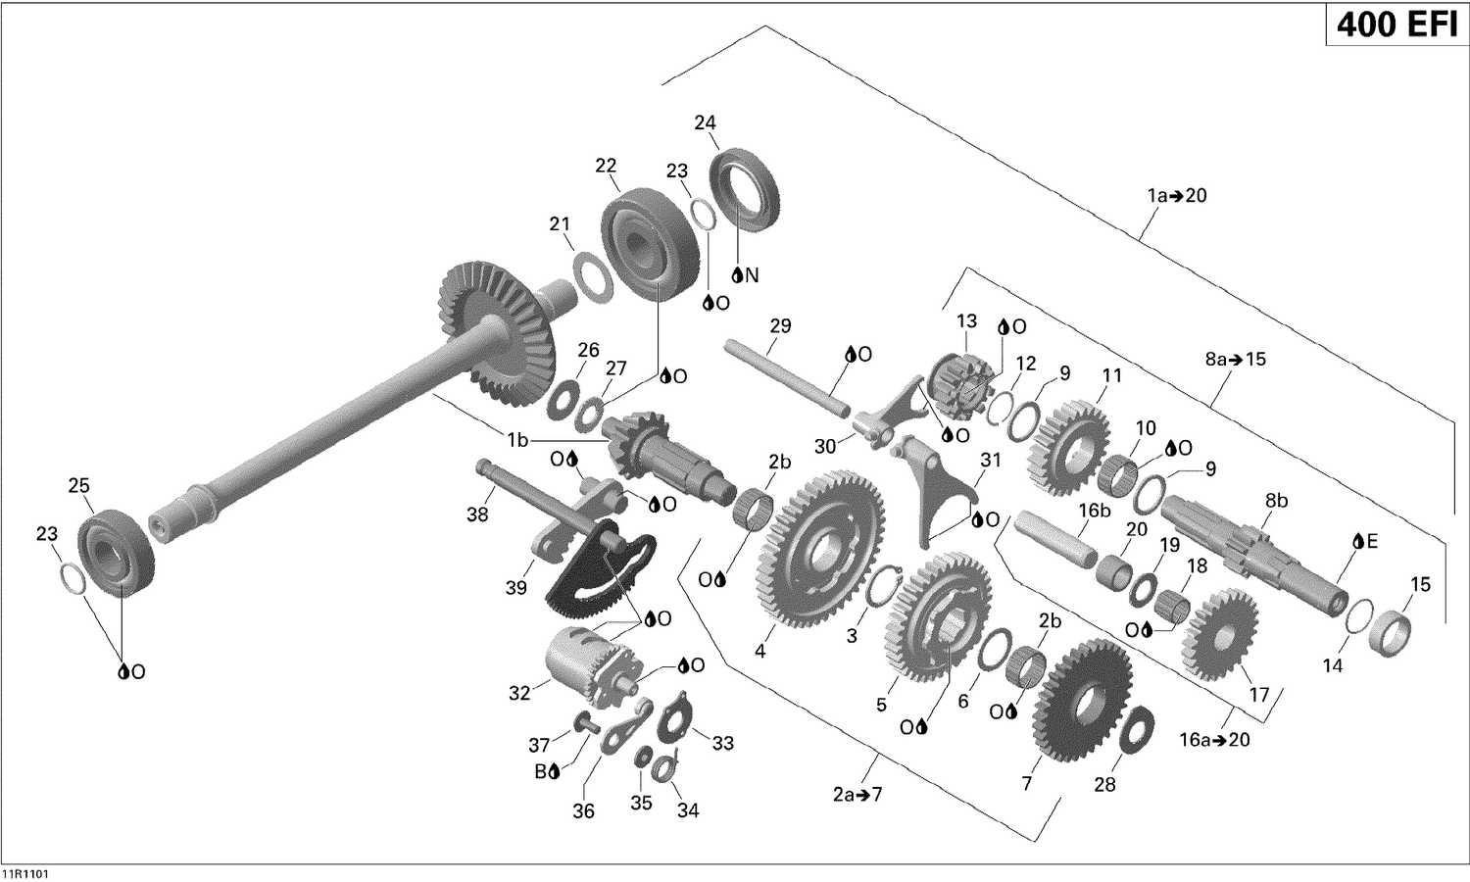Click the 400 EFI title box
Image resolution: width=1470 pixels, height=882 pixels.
click(1396, 24)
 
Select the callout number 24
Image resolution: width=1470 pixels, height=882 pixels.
click(705, 122)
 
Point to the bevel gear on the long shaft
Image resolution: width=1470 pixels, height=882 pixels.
click(495, 323)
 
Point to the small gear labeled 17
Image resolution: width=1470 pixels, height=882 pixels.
click(1220, 637)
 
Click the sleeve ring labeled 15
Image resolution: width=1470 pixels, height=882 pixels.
click(1392, 631)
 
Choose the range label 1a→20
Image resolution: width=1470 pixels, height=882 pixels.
click(1177, 196)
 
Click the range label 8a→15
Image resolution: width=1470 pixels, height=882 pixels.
click(1235, 360)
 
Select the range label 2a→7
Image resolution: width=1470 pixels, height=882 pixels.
click(857, 794)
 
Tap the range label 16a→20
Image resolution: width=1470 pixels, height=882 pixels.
click(1214, 740)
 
